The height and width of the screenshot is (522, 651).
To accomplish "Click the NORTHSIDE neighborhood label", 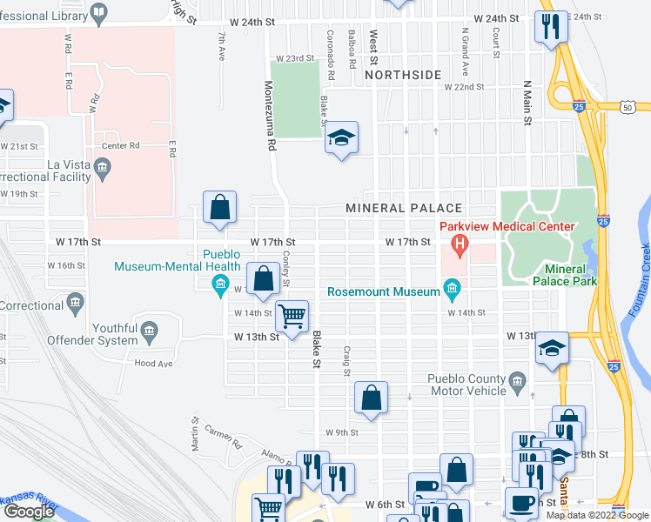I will pyautogui.click(x=403, y=76).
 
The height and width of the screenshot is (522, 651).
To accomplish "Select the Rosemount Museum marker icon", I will pyautogui.click(x=452, y=287).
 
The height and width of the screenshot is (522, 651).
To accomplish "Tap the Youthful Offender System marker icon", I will pyautogui.click(x=150, y=330).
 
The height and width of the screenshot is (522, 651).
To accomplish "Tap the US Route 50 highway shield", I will pyautogui.click(x=627, y=107).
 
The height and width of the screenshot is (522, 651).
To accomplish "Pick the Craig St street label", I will pyautogui.click(x=346, y=360).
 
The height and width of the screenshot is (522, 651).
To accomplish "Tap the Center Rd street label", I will pyautogui.click(x=121, y=146).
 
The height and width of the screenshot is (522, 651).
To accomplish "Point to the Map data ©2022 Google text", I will pyautogui.click(x=596, y=515).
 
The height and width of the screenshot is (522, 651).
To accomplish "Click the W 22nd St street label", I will pyautogui.click(x=464, y=87).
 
